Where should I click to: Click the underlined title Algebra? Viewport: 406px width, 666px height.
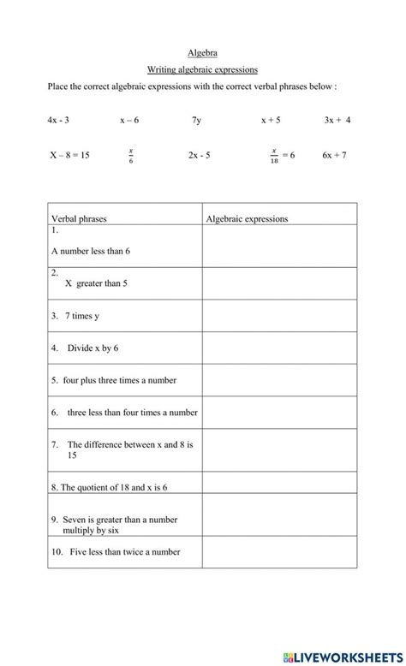[202, 52]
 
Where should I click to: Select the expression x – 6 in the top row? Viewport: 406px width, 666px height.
[130, 120]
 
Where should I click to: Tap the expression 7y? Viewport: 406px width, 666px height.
[197, 120]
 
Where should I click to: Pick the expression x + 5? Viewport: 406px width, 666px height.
[271, 120]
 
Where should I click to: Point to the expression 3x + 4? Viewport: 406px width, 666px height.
[337, 120]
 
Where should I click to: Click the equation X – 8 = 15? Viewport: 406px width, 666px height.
[69, 156]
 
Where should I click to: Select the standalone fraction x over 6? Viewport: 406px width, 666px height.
[131, 156]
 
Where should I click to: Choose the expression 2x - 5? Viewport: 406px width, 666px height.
[199, 156]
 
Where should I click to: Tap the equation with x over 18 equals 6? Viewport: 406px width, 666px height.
[282, 156]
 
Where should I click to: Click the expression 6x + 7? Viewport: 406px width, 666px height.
[334, 156]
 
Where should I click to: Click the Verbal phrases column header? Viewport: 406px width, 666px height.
[80, 219]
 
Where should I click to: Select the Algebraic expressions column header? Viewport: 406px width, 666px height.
[247, 219]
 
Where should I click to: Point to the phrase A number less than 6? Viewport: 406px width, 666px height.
[91, 251]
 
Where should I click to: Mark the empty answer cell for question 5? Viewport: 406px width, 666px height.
[279, 379]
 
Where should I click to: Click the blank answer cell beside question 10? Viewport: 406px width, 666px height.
[279, 553]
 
